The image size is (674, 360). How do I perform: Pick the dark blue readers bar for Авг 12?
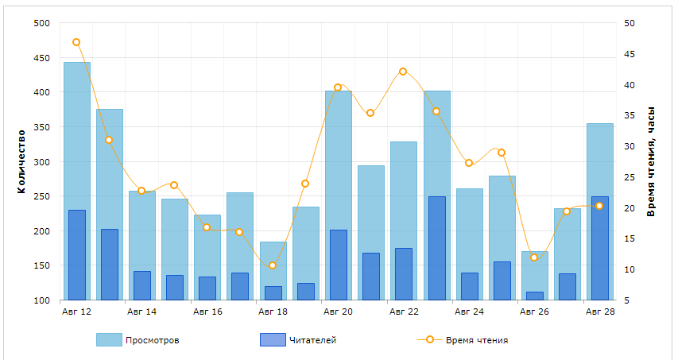[x=77, y=255]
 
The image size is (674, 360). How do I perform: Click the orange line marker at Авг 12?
[x=76, y=42]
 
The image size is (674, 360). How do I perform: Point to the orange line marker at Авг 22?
[x=403, y=72]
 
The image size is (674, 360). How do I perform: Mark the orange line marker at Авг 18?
[x=273, y=265]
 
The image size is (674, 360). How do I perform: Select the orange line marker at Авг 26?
[x=534, y=257]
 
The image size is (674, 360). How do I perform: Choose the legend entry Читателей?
[x=297, y=340]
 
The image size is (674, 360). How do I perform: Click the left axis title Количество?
[x=21, y=162]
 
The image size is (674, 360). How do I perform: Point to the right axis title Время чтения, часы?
[x=651, y=162]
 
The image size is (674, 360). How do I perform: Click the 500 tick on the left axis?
[x=42, y=23]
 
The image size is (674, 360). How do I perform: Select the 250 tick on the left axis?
[x=42, y=197]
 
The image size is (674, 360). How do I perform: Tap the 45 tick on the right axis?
[x=629, y=54]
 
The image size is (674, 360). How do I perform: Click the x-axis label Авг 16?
[x=207, y=312]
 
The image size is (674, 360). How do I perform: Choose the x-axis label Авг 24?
[x=468, y=312]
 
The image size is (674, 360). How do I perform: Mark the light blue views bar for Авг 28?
[x=600, y=159]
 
